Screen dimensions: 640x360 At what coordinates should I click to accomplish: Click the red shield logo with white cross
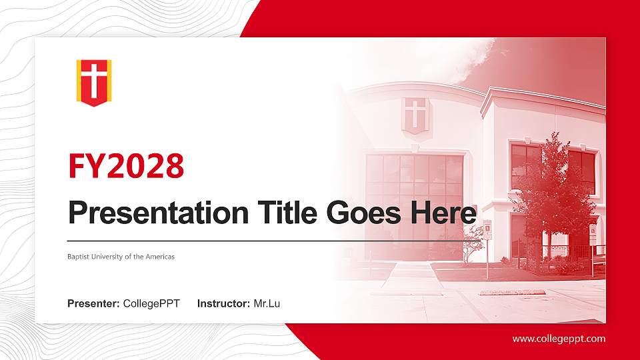click(94, 83)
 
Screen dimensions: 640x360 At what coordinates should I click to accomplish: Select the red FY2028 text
click(126, 166)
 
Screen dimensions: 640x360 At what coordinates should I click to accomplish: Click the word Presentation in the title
click(159, 213)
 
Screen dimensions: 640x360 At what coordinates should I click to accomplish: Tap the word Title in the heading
click(287, 212)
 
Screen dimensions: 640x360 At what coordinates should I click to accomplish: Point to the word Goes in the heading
click(364, 213)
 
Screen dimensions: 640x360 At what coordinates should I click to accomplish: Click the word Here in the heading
click(443, 213)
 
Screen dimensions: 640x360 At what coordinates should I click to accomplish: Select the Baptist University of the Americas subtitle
click(121, 257)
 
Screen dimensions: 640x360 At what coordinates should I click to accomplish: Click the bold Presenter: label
click(93, 304)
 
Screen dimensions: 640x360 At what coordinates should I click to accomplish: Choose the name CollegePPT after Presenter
click(151, 304)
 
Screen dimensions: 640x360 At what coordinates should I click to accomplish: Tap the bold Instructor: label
click(224, 304)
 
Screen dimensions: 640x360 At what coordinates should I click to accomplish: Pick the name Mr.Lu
click(267, 304)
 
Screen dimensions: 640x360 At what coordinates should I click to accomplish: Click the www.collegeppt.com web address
click(559, 339)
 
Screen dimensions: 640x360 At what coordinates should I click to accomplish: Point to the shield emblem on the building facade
click(415, 115)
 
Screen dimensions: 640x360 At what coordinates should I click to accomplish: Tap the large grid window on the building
click(414, 206)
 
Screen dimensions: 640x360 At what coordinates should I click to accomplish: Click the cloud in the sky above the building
click(469, 61)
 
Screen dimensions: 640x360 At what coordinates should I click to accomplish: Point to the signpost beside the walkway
click(487, 249)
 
